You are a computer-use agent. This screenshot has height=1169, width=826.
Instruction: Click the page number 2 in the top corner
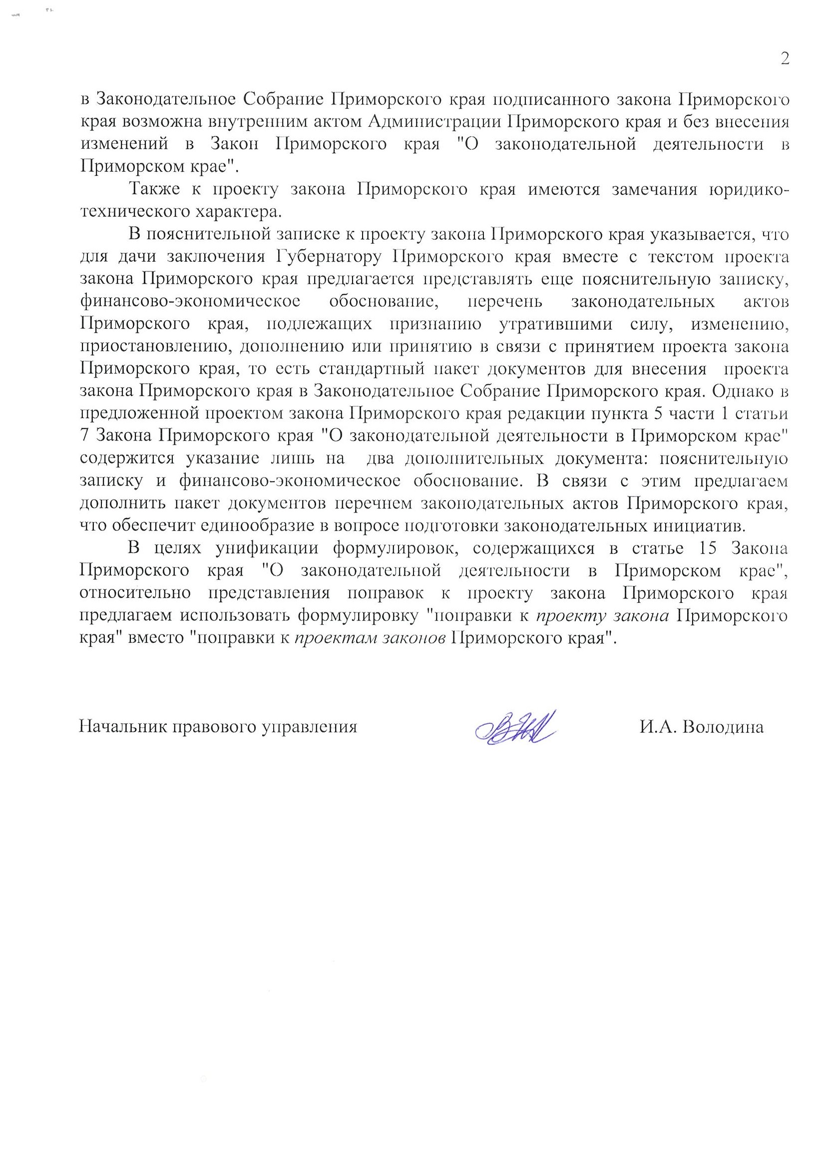click(785, 59)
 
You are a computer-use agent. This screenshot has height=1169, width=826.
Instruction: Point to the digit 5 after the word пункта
click(658, 413)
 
